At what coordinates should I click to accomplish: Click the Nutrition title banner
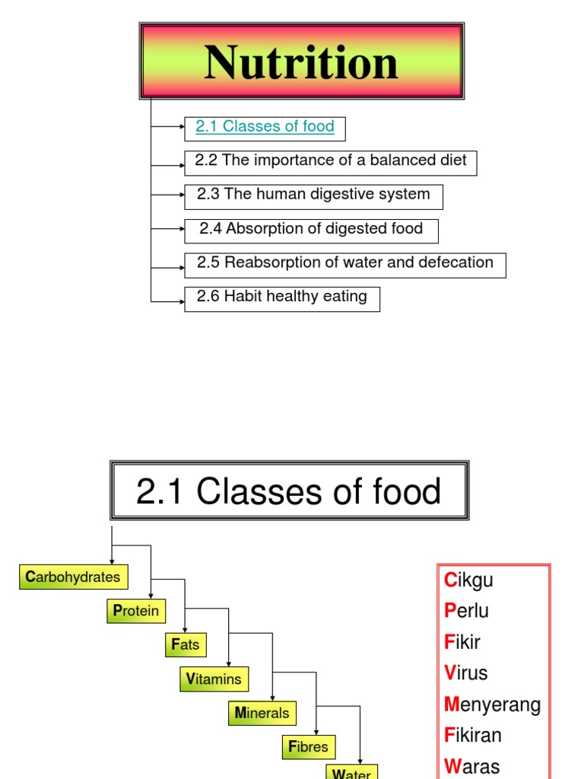click(x=301, y=61)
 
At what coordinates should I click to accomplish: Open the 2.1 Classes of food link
click(x=265, y=127)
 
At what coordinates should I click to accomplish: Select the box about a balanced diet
click(x=330, y=162)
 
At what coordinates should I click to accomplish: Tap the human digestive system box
click(x=313, y=196)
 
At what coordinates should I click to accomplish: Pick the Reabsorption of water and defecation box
click(x=344, y=264)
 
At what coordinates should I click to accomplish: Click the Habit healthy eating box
click(x=281, y=297)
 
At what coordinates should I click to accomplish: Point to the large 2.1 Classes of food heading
click(x=289, y=491)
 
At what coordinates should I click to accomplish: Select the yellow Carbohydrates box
click(x=73, y=577)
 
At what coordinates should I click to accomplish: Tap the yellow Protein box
click(x=136, y=611)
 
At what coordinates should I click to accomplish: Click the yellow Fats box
click(x=186, y=645)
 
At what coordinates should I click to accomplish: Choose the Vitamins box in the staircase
click(x=214, y=679)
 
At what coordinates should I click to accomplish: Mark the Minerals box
click(x=262, y=713)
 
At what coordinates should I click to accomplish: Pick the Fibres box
click(x=309, y=747)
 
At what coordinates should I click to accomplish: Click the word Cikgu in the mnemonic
click(x=469, y=580)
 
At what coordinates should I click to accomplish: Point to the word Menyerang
click(x=493, y=704)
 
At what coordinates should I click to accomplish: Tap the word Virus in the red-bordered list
click(x=466, y=672)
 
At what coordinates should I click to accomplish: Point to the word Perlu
click(x=467, y=611)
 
